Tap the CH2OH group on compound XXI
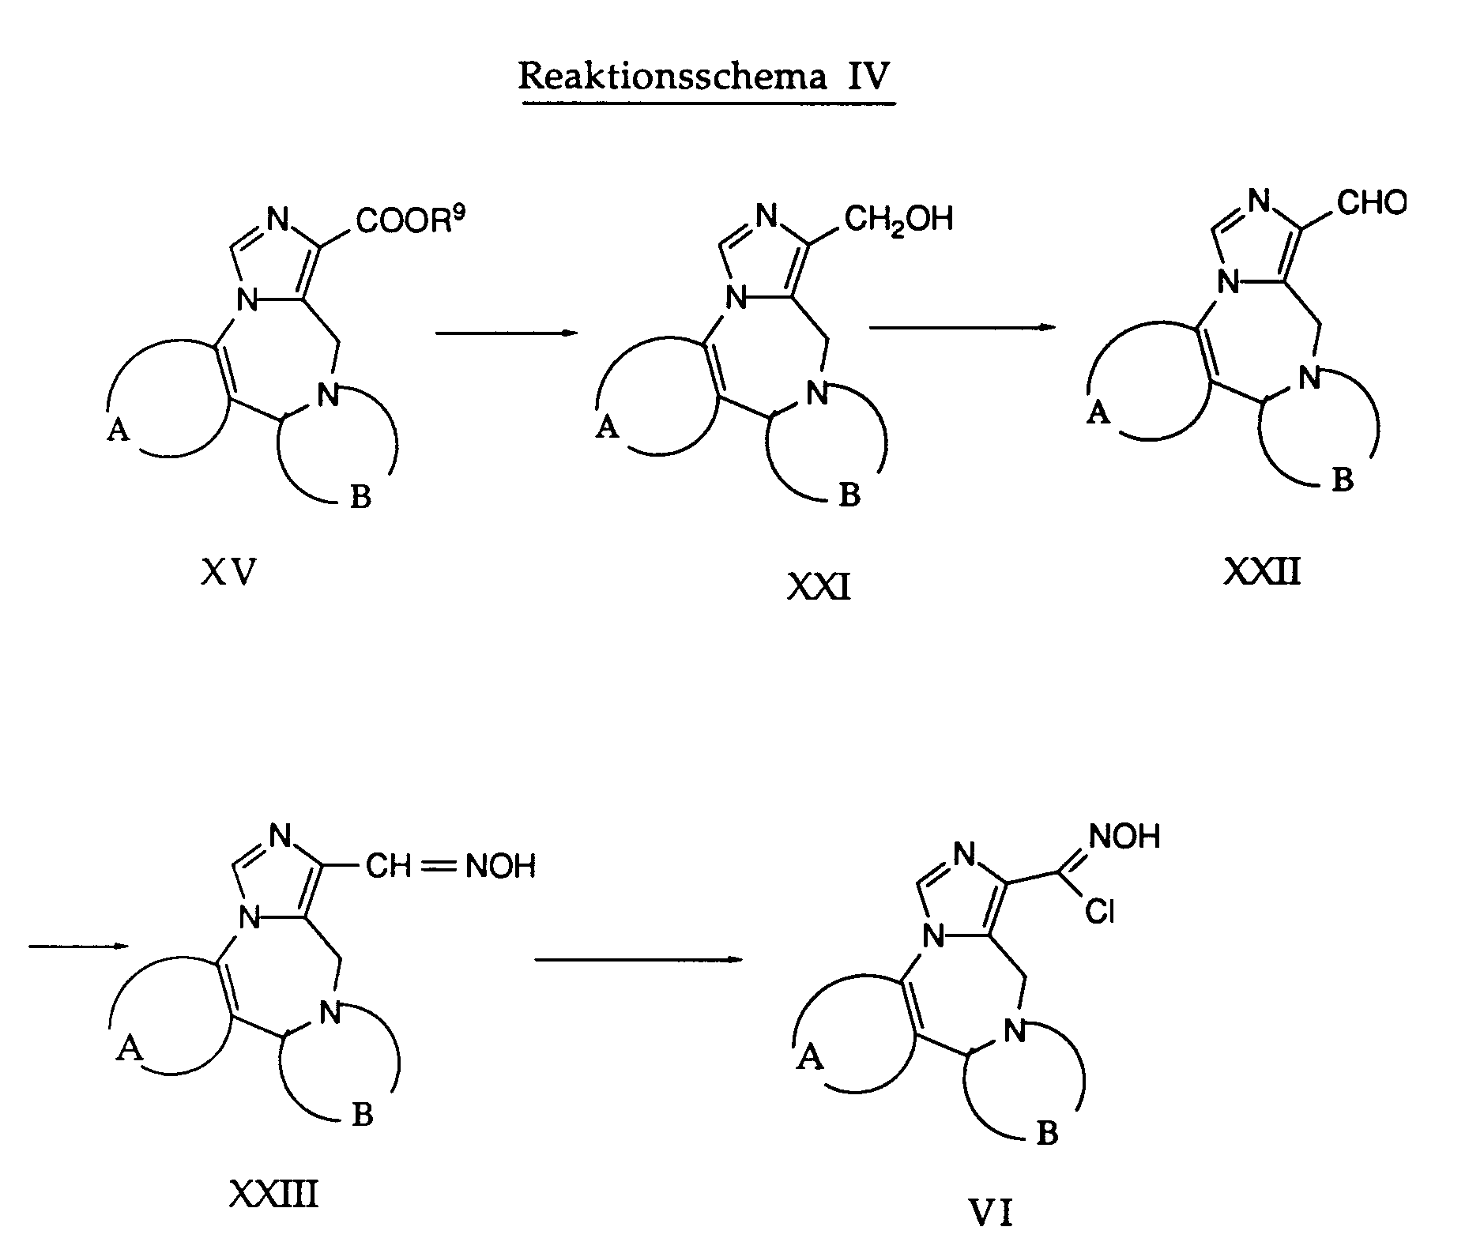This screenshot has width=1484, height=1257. click(898, 217)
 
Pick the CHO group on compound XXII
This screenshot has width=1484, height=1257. click(1372, 203)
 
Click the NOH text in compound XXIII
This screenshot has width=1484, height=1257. click(500, 867)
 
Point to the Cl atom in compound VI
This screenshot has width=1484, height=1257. click(1099, 913)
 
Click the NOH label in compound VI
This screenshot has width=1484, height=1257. click(1124, 837)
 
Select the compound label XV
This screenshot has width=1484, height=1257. click(229, 572)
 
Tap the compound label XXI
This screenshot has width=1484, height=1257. click(819, 588)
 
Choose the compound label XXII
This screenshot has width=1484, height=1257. click(1262, 571)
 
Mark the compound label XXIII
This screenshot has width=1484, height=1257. click(274, 1195)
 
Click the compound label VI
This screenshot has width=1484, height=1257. click(991, 1213)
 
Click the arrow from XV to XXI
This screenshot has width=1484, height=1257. click(507, 333)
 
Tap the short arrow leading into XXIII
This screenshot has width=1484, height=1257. click(77, 946)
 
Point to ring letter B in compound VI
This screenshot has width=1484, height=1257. click(1046, 1135)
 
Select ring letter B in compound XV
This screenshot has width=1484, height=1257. click(360, 499)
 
